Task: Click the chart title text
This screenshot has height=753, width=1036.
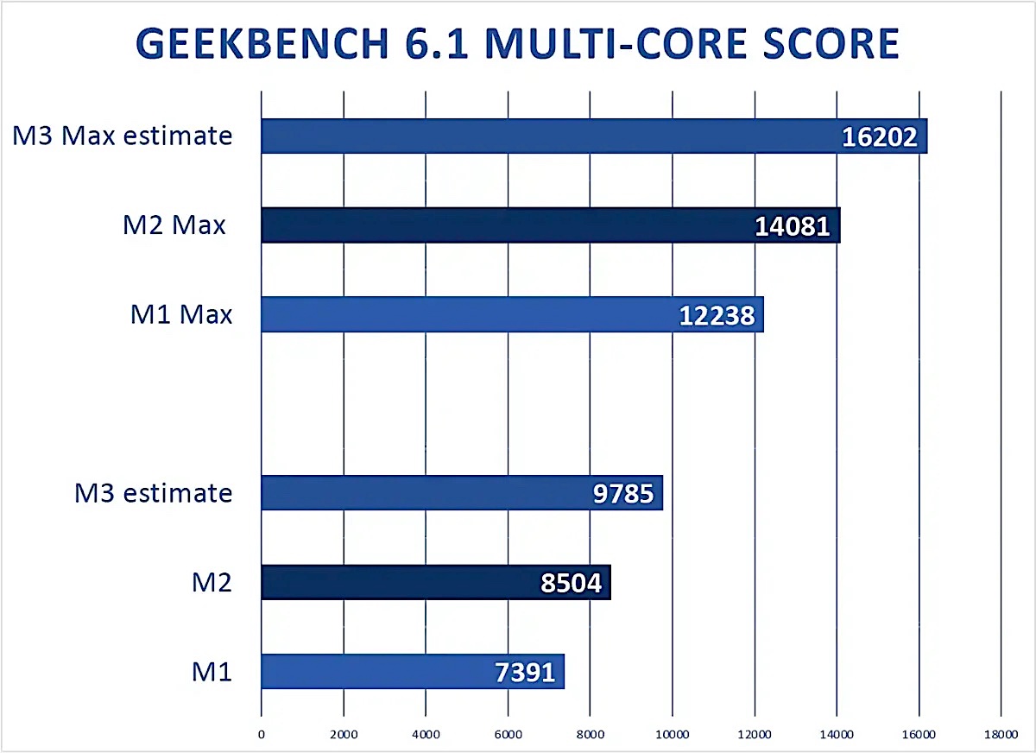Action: click(x=518, y=45)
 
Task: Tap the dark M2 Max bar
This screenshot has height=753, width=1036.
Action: click(x=501, y=225)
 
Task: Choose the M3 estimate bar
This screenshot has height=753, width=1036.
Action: click(x=414, y=493)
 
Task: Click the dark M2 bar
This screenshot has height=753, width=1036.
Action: click(x=388, y=583)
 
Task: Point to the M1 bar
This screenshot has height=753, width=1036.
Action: click(x=363, y=672)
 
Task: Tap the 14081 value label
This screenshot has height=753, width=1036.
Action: click(x=793, y=226)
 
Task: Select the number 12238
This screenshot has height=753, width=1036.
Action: click(x=717, y=316)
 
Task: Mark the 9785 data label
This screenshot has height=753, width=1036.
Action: click(x=623, y=494)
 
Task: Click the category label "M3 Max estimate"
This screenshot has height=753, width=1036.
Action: click(x=123, y=136)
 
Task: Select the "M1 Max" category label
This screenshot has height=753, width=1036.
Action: click(x=181, y=315)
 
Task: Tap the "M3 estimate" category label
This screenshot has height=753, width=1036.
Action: click(x=154, y=493)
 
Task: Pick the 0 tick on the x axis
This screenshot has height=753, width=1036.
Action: click(x=261, y=734)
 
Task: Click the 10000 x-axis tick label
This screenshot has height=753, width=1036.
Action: click(x=672, y=734)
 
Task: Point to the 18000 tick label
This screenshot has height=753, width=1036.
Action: click(x=1001, y=734)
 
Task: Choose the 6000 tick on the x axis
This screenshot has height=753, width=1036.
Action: click(x=508, y=734)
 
